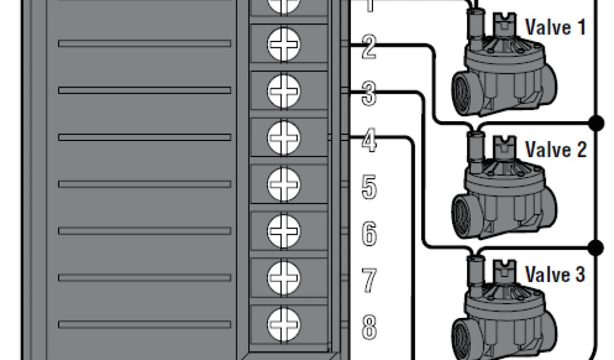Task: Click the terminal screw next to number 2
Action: coord(284,43)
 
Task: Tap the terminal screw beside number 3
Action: coord(284,90)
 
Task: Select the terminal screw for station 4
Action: coord(284,136)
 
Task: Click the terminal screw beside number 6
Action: coord(284,229)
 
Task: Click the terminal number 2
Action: coord(369,48)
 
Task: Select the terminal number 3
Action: coord(369,95)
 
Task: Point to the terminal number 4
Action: coord(369,142)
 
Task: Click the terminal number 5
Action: coord(369,188)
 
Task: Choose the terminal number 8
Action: coord(369,328)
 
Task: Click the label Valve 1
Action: coord(555,28)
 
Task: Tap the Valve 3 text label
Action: coord(555,274)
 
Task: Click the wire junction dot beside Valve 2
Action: coord(596,123)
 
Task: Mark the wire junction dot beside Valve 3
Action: coord(596,247)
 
